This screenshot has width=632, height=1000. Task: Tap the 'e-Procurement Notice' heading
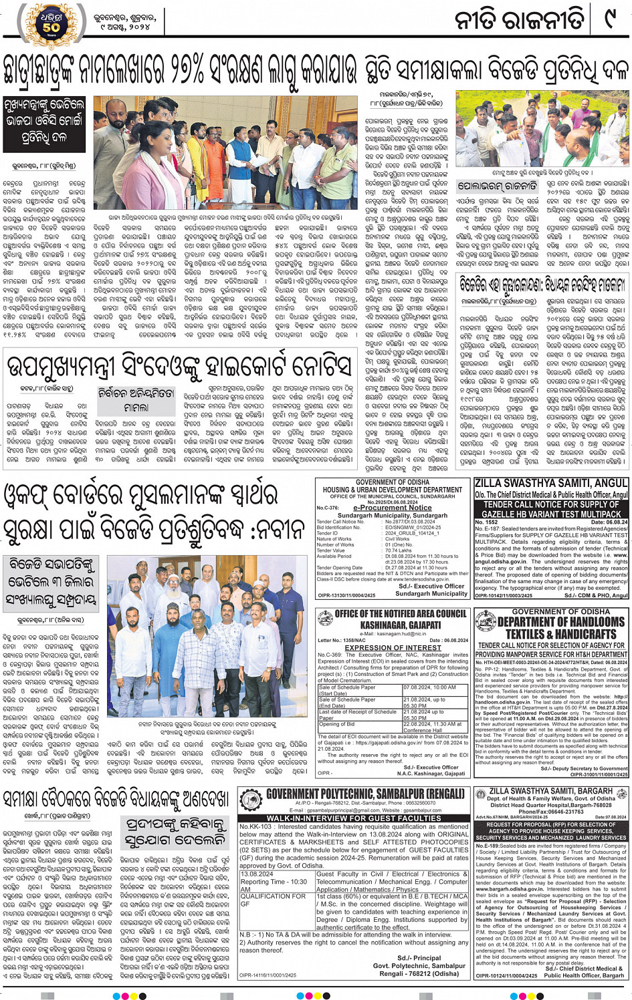392,508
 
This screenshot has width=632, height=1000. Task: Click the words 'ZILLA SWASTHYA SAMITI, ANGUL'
551,482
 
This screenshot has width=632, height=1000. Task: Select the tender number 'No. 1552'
487,522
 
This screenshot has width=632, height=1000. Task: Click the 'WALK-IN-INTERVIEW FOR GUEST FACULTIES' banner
354,818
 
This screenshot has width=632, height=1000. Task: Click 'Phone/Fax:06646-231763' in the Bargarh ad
550,812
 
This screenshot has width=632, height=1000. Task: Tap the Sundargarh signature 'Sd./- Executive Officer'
431,586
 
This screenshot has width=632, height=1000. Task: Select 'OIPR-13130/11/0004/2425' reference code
346,595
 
